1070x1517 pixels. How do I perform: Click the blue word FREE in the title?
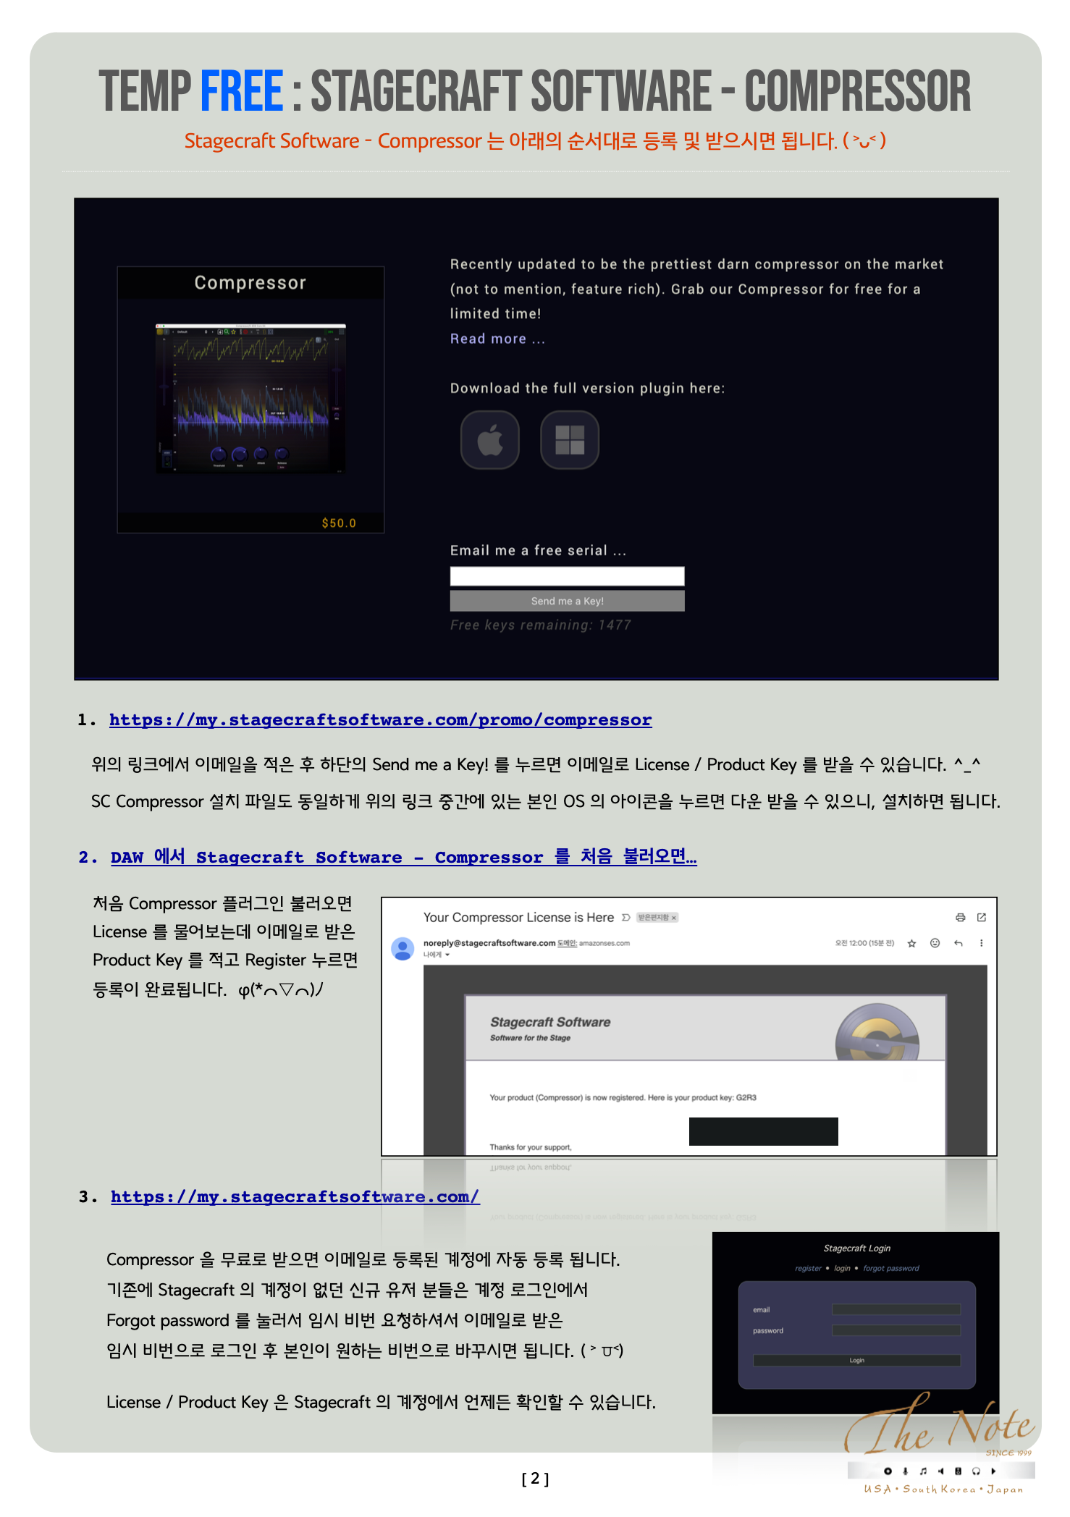click(241, 91)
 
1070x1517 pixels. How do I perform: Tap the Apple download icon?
click(490, 440)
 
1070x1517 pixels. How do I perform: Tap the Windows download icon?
click(570, 440)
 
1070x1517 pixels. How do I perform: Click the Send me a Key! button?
click(567, 601)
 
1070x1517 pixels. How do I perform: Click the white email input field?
click(567, 576)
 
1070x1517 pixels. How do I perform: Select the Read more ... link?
click(497, 339)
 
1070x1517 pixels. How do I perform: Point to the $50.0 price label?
click(339, 523)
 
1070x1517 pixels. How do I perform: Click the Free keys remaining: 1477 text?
click(540, 625)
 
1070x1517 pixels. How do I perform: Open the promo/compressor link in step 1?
click(380, 719)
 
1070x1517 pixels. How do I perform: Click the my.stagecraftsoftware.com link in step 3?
click(295, 1196)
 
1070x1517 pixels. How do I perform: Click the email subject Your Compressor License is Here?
click(518, 917)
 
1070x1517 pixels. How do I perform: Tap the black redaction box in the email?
click(763, 1131)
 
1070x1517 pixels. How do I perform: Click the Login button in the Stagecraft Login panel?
click(856, 1361)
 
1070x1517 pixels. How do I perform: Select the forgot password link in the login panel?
click(890, 1268)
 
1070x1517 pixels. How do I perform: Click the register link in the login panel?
click(808, 1268)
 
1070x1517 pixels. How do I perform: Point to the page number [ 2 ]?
click(535, 1479)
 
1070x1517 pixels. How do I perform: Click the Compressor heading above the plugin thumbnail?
click(250, 283)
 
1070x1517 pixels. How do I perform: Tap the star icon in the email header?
click(911, 943)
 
